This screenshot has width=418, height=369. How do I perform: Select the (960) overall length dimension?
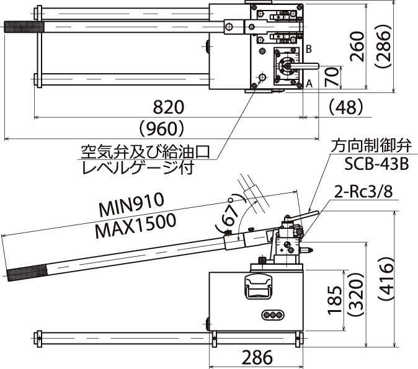point(161,128)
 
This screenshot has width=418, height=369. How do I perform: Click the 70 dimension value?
point(333,78)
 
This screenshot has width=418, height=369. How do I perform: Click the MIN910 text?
point(131,205)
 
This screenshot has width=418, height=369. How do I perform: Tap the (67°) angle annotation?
point(228,215)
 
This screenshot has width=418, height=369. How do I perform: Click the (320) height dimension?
point(355,301)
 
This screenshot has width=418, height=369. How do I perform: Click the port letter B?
point(308,48)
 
